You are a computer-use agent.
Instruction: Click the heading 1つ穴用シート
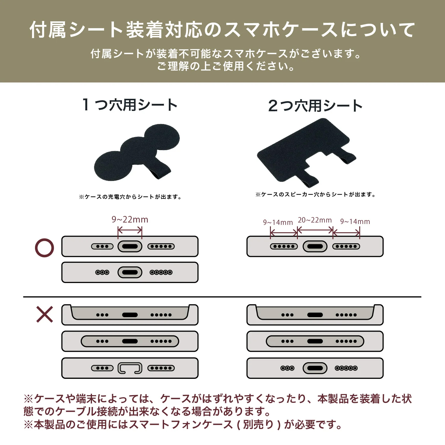pos(130,105)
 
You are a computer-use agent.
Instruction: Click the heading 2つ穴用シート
pos(315,106)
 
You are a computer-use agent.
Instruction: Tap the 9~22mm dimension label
pos(130,220)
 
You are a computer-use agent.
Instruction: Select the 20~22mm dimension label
pos(315,220)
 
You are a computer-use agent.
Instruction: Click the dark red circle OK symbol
pos(44,248)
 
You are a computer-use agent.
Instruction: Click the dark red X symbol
pos(44,314)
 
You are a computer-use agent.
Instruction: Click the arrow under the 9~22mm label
pos(130,230)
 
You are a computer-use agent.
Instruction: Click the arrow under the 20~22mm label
pos(315,230)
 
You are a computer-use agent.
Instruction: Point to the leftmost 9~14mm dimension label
pos(278,222)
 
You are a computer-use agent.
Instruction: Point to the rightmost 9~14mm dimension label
pos(355,222)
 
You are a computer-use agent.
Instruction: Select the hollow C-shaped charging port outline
pos(130,368)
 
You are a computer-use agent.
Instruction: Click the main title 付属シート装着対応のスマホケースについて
pos(223,30)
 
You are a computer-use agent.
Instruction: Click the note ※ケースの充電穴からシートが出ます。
pos(130,197)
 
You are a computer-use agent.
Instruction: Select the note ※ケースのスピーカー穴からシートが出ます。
pos(315,195)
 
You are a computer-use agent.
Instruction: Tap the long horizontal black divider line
pos(223,297)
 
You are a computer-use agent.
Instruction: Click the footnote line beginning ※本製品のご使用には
pos(182,425)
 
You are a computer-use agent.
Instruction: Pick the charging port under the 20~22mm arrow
pos(315,247)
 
